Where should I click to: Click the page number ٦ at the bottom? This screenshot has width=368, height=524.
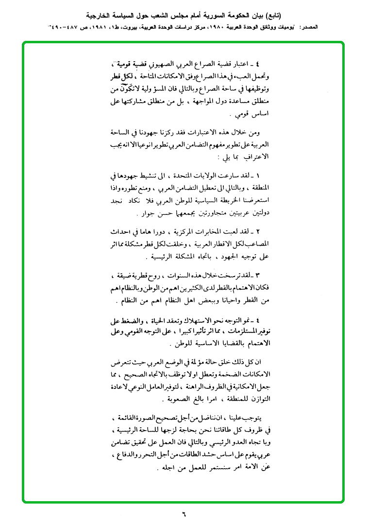[184, 513]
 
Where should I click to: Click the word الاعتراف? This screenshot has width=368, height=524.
[254, 157]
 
